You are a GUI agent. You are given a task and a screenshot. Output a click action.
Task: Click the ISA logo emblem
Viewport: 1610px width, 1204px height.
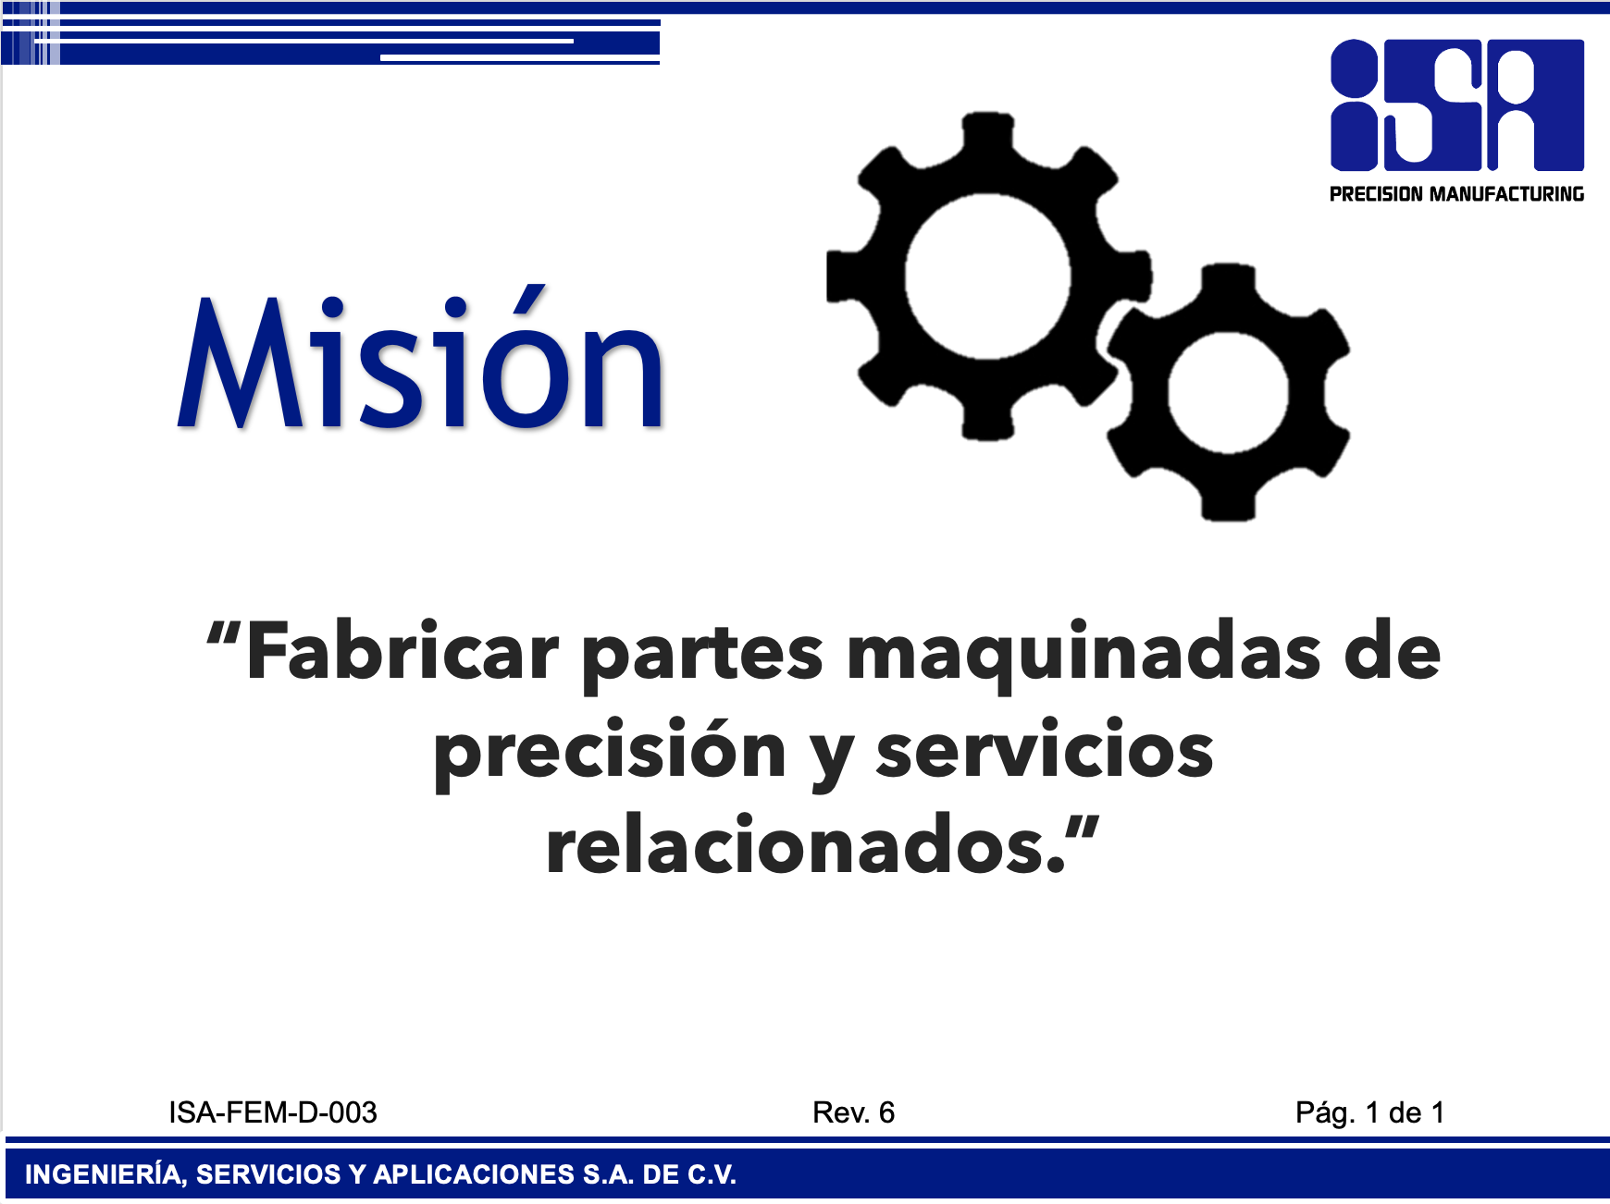(1457, 104)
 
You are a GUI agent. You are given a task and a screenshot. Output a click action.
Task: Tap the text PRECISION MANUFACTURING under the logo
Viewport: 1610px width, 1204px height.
(1457, 194)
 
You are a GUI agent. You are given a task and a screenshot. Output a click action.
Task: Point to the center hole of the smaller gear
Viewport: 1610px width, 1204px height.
(1228, 392)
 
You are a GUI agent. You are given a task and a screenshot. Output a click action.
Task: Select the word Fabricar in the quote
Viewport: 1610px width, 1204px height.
(402, 652)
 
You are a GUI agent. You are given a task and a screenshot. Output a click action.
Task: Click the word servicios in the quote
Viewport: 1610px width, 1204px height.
(1045, 749)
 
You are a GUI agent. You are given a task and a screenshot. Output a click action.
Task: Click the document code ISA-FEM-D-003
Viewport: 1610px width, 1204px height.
(273, 1112)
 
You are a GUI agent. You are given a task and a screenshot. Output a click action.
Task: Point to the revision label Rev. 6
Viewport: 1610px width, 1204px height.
(853, 1112)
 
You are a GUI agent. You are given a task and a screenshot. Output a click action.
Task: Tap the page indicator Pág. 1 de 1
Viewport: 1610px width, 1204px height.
(1369, 1113)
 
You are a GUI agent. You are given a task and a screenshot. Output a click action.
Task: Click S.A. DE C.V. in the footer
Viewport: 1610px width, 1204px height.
(660, 1175)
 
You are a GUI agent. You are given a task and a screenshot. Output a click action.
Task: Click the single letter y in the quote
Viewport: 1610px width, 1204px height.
(832, 758)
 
